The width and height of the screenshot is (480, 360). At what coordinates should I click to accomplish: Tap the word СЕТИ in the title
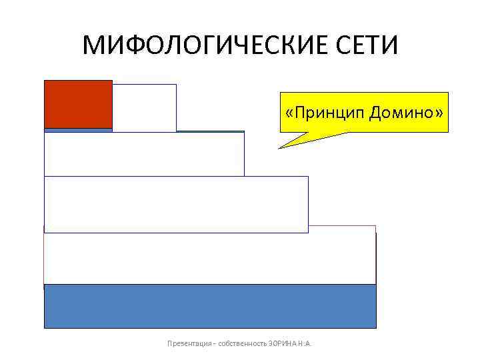point(365,46)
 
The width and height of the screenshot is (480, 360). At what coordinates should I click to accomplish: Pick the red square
point(78,103)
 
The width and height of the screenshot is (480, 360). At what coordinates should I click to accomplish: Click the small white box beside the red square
point(144,107)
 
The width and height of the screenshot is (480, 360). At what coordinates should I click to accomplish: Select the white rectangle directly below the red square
point(144,154)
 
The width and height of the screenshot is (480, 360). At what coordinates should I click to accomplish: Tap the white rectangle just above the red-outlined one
point(176,204)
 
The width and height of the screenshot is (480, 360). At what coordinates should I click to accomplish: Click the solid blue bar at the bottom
point(209,306)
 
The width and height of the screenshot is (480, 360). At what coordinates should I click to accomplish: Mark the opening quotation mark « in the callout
point(289,113)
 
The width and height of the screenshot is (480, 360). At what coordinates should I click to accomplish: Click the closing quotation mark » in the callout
point(438,113)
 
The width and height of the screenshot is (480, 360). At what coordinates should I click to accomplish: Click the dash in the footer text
point(215,344)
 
